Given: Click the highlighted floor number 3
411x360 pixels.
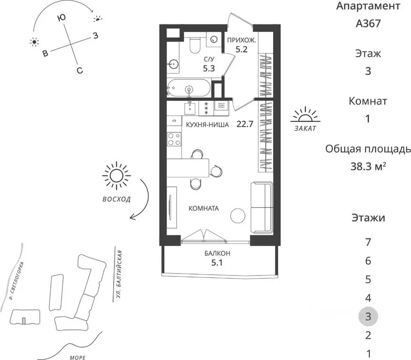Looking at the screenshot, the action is point(368,317).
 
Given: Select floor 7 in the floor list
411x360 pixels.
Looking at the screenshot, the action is point(368,242).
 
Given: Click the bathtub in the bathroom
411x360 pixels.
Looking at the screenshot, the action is point(189,88).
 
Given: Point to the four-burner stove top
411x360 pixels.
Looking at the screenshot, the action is point(174,139).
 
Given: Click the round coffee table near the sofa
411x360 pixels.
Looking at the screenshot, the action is point(238,215).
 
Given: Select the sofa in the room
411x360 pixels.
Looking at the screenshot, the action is point(262,207).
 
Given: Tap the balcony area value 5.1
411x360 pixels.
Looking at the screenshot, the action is point(217,262).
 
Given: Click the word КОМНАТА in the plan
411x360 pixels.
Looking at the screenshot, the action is point(204,208).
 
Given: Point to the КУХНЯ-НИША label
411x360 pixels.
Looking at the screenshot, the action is point(207,125).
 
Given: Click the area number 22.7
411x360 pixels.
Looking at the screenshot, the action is point(245,124).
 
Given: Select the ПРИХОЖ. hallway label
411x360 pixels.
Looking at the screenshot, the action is point(242,40).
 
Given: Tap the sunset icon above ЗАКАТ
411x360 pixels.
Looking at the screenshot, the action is point(305,115).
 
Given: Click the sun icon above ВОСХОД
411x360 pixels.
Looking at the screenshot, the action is point(116,176).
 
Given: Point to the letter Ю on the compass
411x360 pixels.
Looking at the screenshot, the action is point(61,18).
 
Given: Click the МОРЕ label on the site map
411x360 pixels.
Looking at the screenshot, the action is point(78,357).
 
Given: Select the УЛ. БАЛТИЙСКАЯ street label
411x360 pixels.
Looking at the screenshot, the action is point(119,276).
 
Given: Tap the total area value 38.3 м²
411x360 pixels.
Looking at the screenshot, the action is point(368,166).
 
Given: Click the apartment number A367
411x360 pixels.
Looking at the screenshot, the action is point(368,23).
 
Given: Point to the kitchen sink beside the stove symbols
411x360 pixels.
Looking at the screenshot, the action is point(190,108).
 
